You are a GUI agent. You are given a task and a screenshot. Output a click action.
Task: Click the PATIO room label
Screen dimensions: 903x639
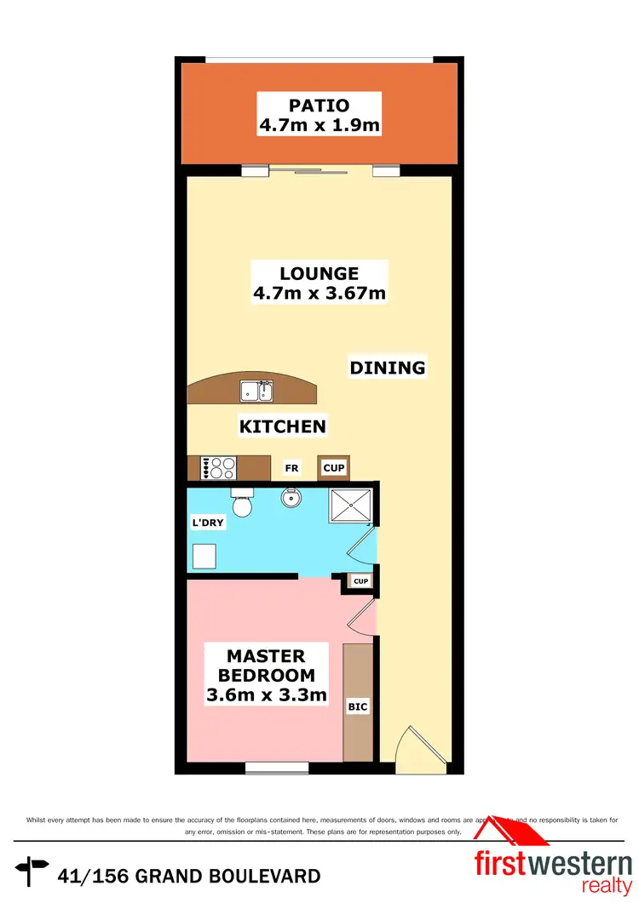(319, 106)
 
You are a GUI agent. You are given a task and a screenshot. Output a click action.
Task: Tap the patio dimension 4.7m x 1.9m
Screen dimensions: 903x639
(319, 126)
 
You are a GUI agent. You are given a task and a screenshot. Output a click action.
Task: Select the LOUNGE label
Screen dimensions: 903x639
(319, 274)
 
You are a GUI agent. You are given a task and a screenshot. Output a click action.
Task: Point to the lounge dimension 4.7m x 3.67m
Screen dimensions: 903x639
(319, 294)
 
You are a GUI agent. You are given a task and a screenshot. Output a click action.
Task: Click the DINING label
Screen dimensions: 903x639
(387, 368)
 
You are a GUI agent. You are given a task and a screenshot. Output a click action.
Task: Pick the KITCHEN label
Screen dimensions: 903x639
(282, 426)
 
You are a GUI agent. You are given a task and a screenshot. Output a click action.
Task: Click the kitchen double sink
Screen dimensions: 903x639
(256, 391)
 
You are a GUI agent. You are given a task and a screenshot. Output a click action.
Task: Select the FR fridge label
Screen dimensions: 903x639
(291, 468)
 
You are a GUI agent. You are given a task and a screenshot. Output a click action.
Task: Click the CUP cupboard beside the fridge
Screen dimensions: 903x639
(333, 468)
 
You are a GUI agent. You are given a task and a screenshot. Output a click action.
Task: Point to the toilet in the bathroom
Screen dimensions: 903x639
(242, 504)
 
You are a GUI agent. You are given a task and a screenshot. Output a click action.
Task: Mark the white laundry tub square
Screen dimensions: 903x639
(204, 556)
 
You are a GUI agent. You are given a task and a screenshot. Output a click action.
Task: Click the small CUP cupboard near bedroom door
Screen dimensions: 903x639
(360, 582)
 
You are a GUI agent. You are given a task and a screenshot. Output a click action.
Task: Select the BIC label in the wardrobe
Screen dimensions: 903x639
(357, 706)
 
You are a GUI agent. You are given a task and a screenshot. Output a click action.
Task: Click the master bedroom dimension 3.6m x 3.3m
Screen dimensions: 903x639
(267, 696)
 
